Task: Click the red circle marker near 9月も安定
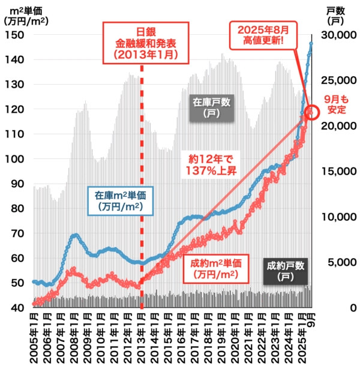(x=312, y=112)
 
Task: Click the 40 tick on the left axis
(x=19, y=308)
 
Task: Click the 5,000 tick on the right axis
(x=338, y=262)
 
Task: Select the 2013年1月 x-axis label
(x=142, y=337)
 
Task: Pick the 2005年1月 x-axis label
(x=34, y=337)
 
